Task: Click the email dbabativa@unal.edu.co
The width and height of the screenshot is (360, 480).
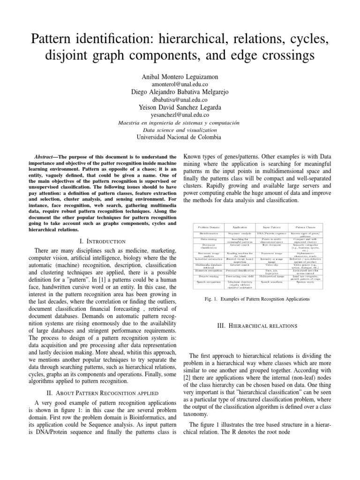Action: [180, 100]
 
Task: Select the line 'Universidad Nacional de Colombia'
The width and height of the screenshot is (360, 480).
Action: [180, 137]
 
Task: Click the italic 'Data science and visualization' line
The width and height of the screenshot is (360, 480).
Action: [180, 129]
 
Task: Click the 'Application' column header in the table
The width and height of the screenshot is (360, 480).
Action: [240, 226]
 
